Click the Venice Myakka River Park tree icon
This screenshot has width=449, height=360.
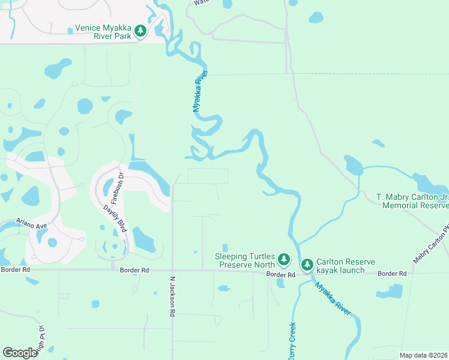[x=140, y=31]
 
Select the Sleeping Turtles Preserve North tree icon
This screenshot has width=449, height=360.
[x=284, y=260]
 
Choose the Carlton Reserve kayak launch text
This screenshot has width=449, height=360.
[x=346, y=266]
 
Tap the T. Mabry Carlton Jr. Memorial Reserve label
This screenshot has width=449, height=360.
[x=412, y=201]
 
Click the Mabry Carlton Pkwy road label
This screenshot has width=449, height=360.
[x=430, y=246]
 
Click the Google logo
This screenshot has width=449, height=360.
[x=20, y=353]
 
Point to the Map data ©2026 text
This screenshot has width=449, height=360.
[x=423, y=355]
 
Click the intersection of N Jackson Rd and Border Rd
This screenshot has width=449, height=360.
[x=172, y=270]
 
